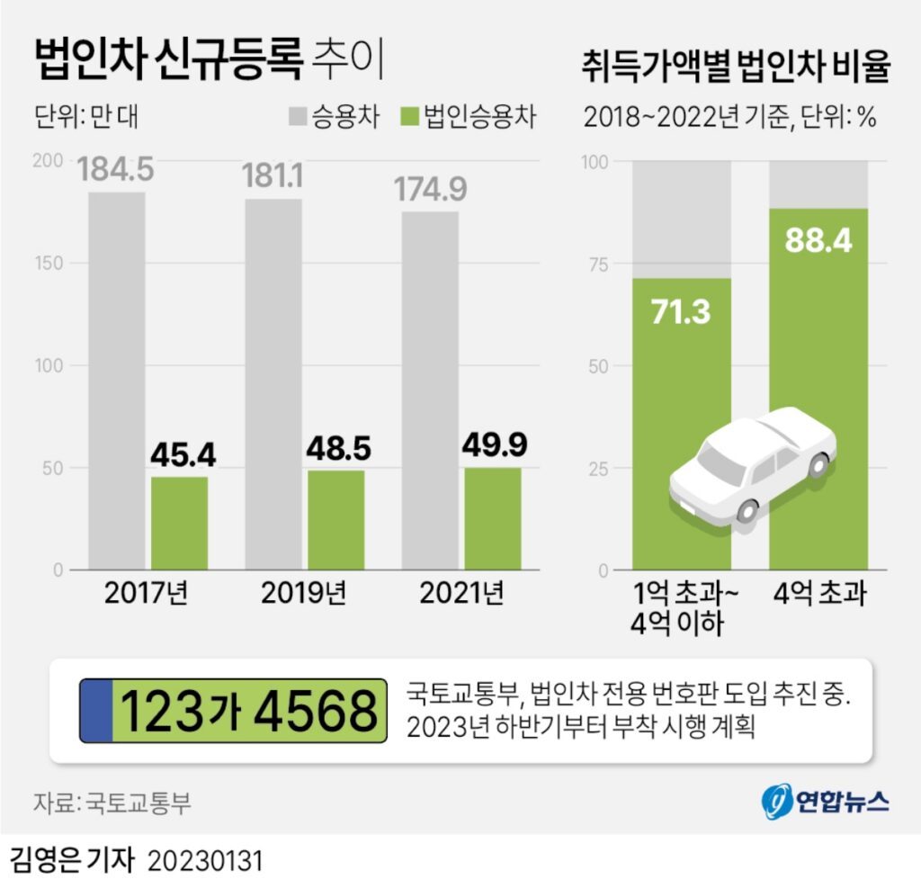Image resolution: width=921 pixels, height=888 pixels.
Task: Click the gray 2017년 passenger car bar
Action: tap(116, 378)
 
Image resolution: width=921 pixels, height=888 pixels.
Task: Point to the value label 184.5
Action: tap(116, 169)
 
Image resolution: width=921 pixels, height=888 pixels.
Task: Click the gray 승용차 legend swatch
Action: tap(298, 117)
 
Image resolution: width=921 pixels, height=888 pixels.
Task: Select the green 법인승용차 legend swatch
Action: tap(409, 117)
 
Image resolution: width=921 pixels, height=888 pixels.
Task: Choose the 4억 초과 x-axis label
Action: tap(818, 595)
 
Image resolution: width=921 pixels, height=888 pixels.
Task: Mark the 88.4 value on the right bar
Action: tap(818, 240)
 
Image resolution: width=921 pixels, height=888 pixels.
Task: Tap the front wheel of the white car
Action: tap(747, 510)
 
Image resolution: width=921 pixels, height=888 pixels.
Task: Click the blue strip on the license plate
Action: tap(96, 711)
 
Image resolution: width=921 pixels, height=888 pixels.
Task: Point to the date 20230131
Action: tap(205, 861)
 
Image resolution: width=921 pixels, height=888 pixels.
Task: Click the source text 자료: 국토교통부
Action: tap(112, 803)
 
